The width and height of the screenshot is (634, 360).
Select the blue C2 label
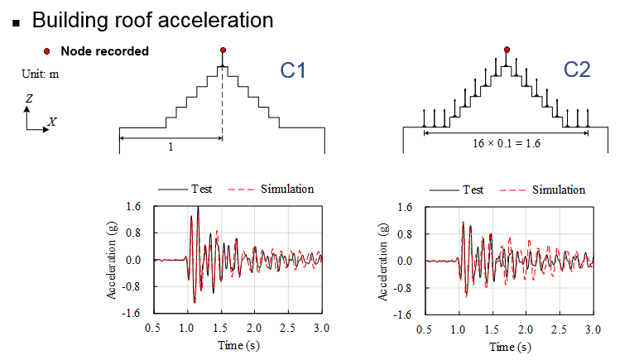(577, 71)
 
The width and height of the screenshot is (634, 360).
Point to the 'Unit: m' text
(40, 74)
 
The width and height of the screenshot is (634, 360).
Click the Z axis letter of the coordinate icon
(29, 98)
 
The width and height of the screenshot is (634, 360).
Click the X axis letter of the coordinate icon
(52, 121)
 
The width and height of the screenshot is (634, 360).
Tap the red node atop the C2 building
(507, 49)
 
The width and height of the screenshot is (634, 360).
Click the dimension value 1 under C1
(170, 146)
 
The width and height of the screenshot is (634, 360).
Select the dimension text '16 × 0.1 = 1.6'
(506, 142)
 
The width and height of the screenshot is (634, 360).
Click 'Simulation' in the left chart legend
(287, 189)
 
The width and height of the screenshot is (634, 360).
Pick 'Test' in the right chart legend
(473, 190)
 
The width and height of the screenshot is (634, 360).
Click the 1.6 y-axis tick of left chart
(133, 206)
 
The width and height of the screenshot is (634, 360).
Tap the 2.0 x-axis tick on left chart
(254, 329)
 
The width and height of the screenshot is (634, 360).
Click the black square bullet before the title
(15, 20)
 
